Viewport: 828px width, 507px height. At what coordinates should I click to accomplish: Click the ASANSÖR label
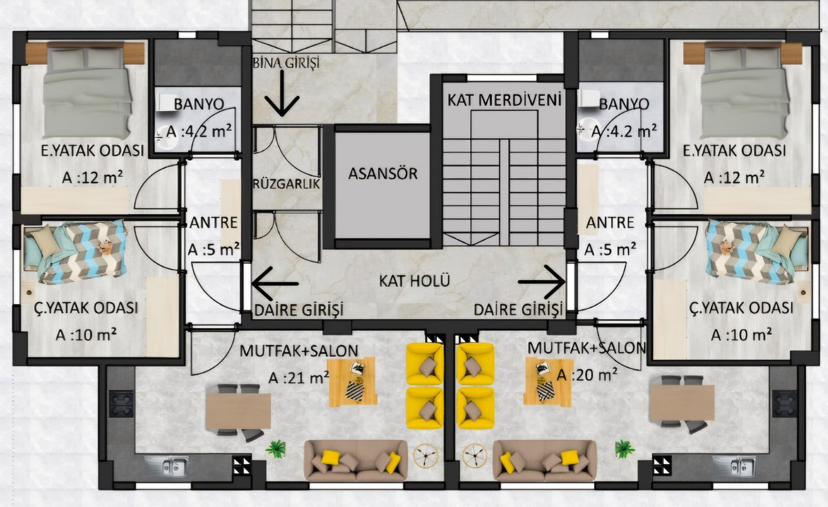(383, 173)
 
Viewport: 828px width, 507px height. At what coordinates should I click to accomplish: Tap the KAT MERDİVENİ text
(504, 100)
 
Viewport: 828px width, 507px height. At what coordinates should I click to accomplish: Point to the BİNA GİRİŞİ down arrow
(282, 93)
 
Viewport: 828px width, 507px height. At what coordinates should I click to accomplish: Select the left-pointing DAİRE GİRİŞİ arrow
(275, 284)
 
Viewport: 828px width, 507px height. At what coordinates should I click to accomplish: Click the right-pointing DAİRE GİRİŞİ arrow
(542, 282)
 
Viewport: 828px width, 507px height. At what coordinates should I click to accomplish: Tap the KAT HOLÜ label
(415, 281)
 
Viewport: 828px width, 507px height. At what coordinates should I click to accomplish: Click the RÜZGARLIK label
(286, 184)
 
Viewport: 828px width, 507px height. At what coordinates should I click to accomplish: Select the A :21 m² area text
(299, 378)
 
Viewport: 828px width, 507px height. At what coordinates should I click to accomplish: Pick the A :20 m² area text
(587, 374)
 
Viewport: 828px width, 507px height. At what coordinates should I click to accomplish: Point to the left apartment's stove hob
(121, 404)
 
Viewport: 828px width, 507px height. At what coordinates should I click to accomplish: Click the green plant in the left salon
(276, 449)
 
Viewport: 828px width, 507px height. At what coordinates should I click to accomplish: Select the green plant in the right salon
(625, 449)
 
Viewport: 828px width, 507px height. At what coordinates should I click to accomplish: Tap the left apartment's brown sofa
(355, 461)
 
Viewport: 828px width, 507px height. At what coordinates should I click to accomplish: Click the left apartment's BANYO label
(199, 104)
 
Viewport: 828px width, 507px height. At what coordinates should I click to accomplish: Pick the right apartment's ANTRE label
(610, 223)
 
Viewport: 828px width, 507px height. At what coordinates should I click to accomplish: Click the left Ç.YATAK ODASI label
(86, 308)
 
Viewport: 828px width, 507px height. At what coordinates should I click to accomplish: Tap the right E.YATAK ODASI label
(734, 151)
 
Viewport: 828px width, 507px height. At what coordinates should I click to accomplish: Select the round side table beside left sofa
(426, 455)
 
